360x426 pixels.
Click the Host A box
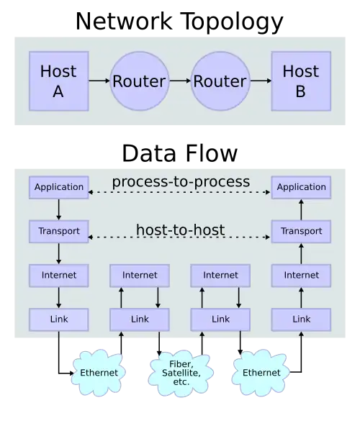58,81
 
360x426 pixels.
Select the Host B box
300,81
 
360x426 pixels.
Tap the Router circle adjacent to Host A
139,81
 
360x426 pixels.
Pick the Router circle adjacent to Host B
220,81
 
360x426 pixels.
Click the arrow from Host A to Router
99,81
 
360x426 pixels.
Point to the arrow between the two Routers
179,81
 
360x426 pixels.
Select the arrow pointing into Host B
260,81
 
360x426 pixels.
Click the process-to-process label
181,181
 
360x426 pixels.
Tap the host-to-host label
180,230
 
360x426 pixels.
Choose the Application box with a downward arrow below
59,187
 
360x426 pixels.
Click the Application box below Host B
301,187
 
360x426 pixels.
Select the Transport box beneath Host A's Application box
59,232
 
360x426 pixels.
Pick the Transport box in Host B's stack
301,232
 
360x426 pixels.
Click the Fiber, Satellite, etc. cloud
181,373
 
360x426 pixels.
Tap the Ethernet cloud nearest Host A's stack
99,373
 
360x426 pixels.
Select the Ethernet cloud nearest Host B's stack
261,373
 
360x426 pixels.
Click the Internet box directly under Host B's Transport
301,276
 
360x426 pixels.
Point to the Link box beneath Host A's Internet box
59,319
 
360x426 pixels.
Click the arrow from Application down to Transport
59,209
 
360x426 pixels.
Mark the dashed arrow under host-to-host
180,237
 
